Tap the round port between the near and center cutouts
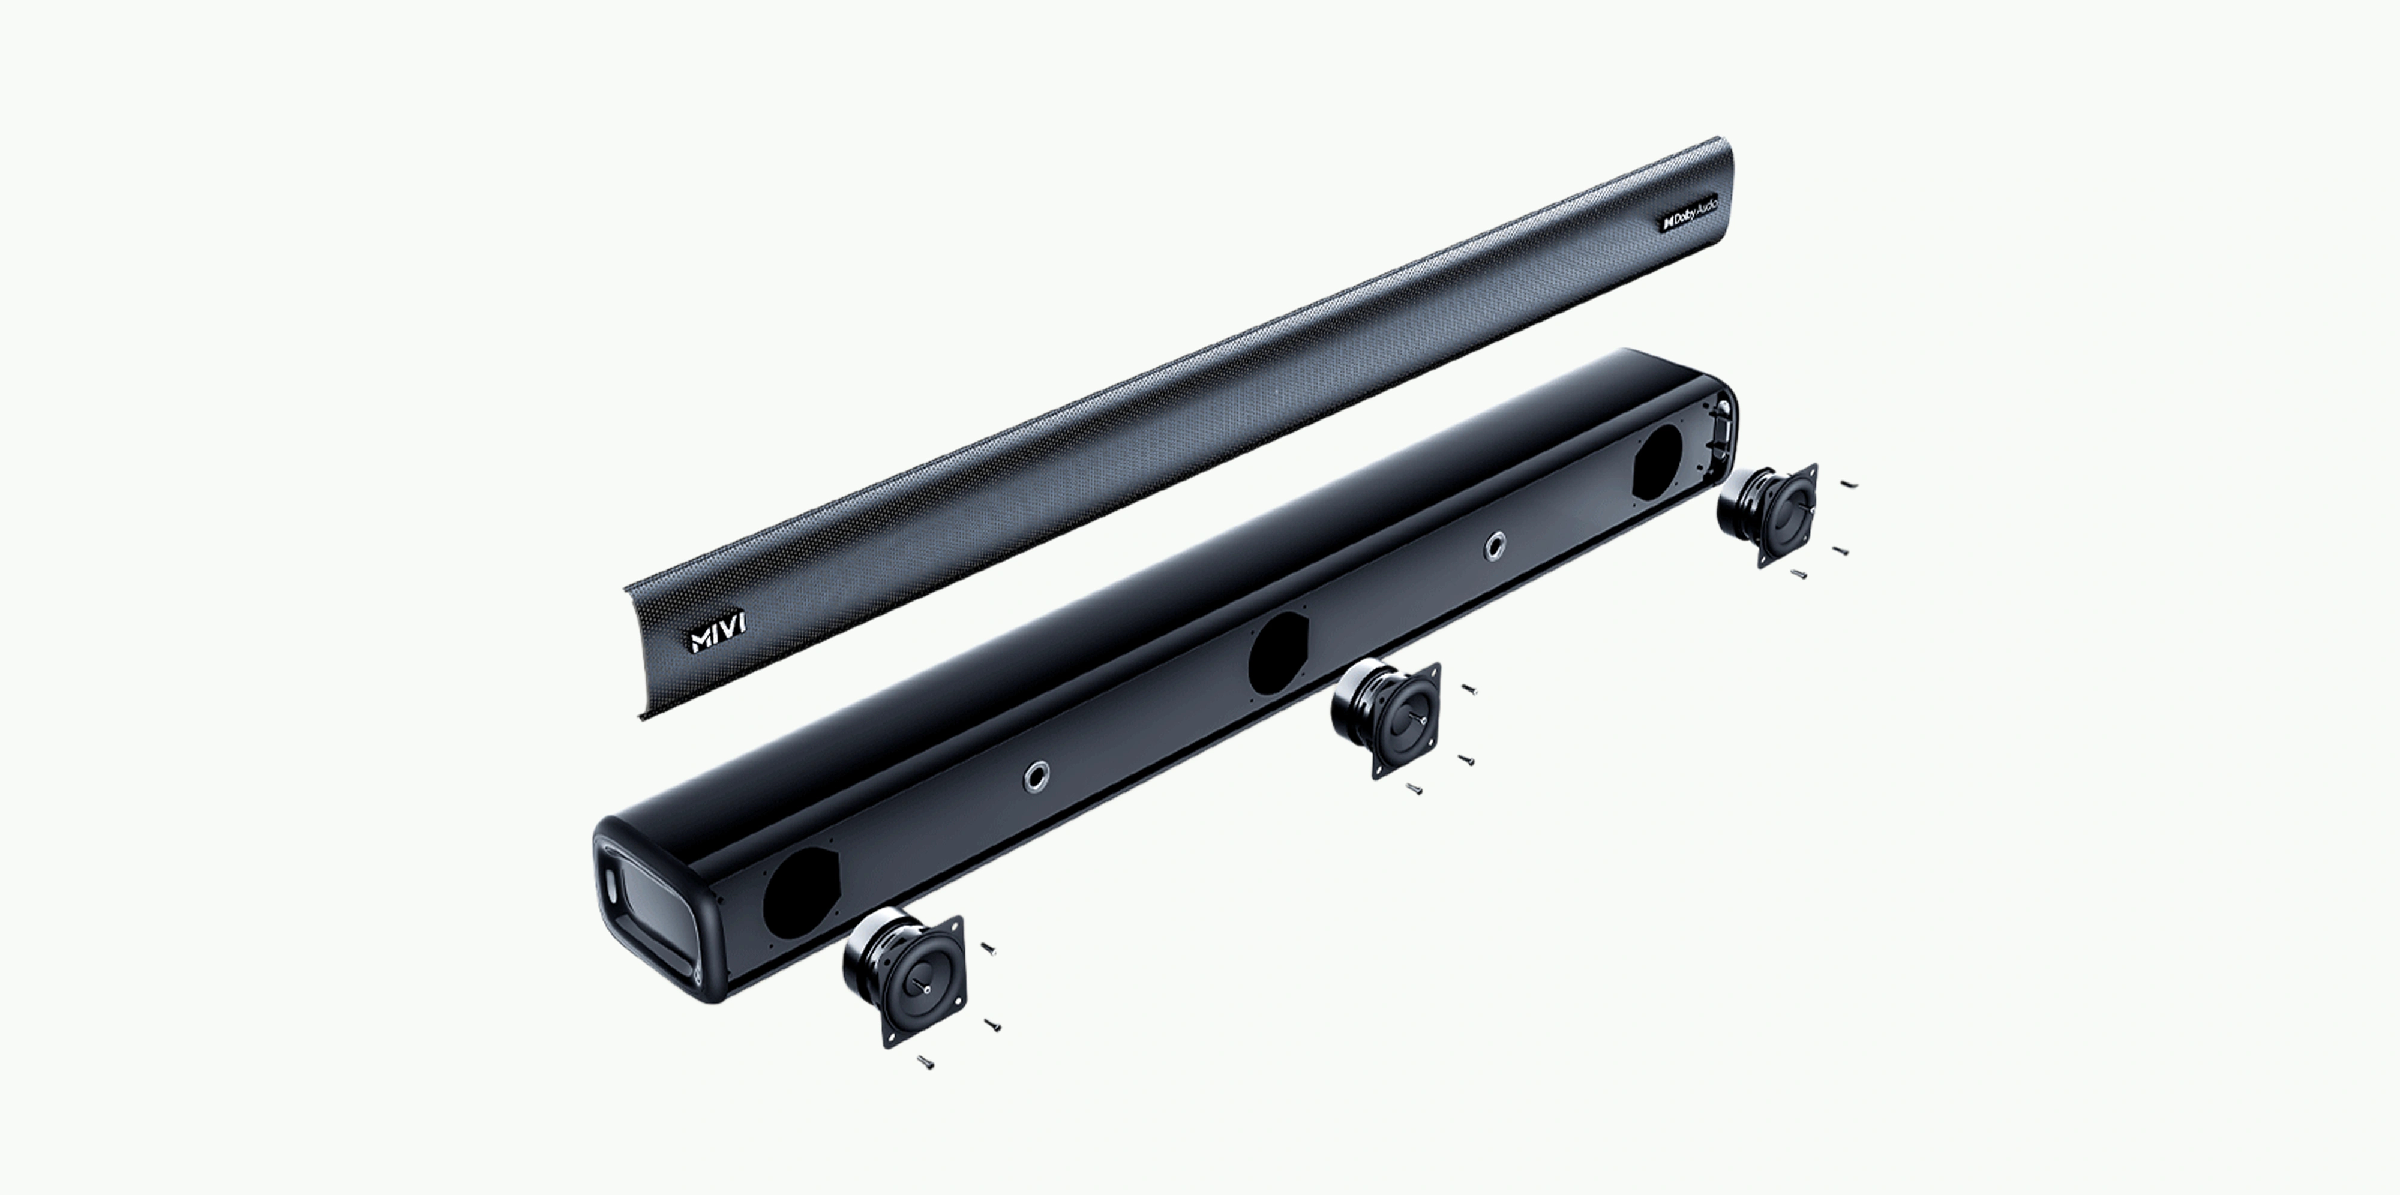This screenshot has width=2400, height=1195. tap(1034, 776)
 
